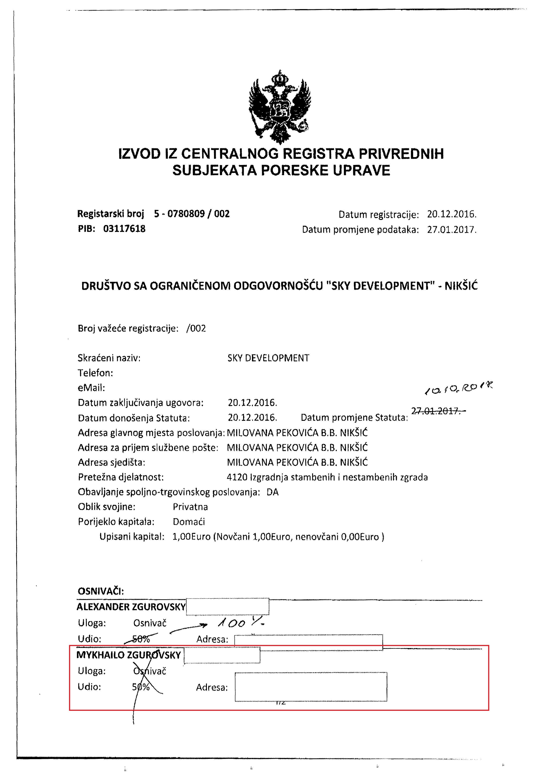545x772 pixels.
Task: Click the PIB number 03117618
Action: coord(124,229)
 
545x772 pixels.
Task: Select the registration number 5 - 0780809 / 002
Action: coord(192,214)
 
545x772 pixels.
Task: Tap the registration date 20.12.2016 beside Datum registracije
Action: coord(451,214)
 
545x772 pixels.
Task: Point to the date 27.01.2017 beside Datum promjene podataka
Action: coord(451,230)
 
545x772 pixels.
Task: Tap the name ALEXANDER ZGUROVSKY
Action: coord(131,607)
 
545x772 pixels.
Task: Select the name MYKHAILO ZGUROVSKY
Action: coord(129,655)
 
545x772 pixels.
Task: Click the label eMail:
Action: coord(91,388)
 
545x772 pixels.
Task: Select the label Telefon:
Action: coord(95,373)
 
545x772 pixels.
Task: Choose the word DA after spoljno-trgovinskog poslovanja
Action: coord(272,492)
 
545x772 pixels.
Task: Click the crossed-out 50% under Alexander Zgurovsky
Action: coord(141,639)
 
